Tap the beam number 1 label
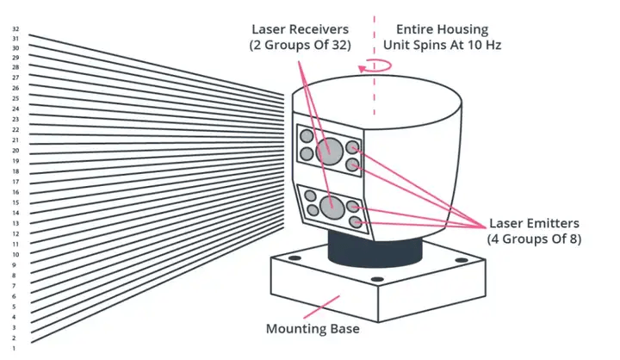[x=15, y=348]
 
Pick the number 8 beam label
[x=15, y=275]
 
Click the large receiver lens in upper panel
[x=328, y=152]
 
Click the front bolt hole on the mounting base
[x=376, y=282]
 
